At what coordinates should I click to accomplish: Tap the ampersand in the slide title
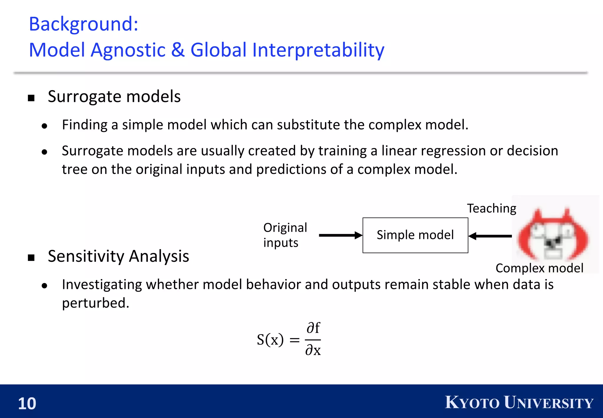point(178,50)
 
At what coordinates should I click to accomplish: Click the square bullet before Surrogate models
point(31,98)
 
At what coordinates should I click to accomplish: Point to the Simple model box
point(415,235)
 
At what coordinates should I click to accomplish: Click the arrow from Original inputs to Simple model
point(340,235)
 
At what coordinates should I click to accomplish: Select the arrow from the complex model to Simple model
point(490,236)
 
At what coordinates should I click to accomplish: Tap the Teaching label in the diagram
point(491,208)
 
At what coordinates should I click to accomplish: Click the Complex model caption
point(539,268)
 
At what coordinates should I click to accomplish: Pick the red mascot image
point(554,234)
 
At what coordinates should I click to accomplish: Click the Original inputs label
point(285,235)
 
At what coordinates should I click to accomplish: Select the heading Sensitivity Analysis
point(118,256)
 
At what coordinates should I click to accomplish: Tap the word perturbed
point(95,303)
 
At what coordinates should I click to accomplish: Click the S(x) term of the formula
point(270,340)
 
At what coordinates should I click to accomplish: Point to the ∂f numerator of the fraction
point(313,328)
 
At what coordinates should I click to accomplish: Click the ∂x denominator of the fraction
point(313,350)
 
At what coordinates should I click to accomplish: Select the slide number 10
point(27,403)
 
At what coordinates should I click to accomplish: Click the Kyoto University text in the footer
point(519,403)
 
